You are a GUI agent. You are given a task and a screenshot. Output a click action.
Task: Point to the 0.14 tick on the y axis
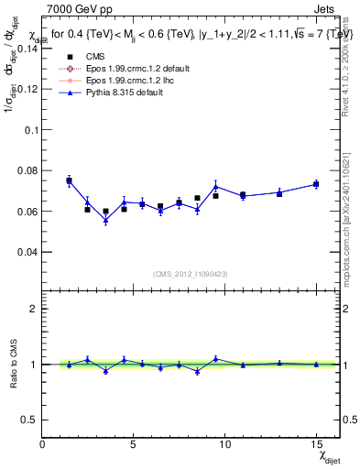tap(27, 49)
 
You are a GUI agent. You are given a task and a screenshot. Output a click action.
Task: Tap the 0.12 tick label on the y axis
tap(27, 90)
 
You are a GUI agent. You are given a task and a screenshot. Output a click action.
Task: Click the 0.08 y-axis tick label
tap(27, 170)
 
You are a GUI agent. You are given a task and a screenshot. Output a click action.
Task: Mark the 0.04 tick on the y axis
tap(27, 251)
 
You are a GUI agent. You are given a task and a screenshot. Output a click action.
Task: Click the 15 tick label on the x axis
tap(316, 444)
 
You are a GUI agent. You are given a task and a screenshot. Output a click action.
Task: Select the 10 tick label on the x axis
tap(224, 444)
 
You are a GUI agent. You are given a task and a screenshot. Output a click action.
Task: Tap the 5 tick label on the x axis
tap(134, 444)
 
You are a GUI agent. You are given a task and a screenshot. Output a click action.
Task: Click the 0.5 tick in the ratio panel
tap(29, 420)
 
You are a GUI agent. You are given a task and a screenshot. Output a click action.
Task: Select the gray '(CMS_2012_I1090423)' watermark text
tap(191, 274)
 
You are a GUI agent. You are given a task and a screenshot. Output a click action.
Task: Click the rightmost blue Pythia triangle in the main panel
tap(316, 184)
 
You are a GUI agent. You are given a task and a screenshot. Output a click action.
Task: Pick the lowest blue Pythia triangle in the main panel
tap(105, 220)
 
